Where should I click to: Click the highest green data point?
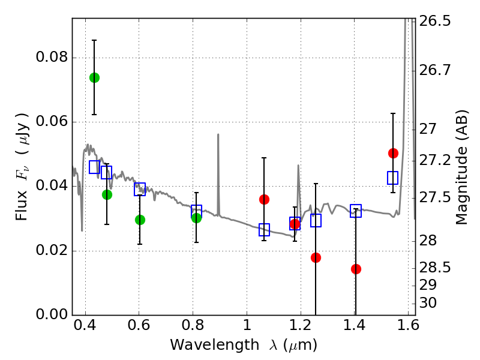(94, 77)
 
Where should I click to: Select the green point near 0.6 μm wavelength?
(140, 220)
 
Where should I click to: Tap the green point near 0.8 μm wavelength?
(196, 217)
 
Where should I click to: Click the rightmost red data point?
(393, 153)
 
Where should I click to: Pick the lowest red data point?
(356, 269)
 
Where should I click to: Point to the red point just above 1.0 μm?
(264, 199)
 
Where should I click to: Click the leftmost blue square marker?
(94, 167)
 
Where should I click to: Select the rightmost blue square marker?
(393, 178)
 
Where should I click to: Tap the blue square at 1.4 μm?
(356, 211)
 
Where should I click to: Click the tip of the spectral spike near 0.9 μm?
(218, 134)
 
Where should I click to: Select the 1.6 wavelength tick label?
(408, 329)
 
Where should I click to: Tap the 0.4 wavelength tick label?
(85, 329)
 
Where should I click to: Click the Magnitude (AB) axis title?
(461, 167)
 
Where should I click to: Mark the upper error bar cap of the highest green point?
(94, 40)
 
